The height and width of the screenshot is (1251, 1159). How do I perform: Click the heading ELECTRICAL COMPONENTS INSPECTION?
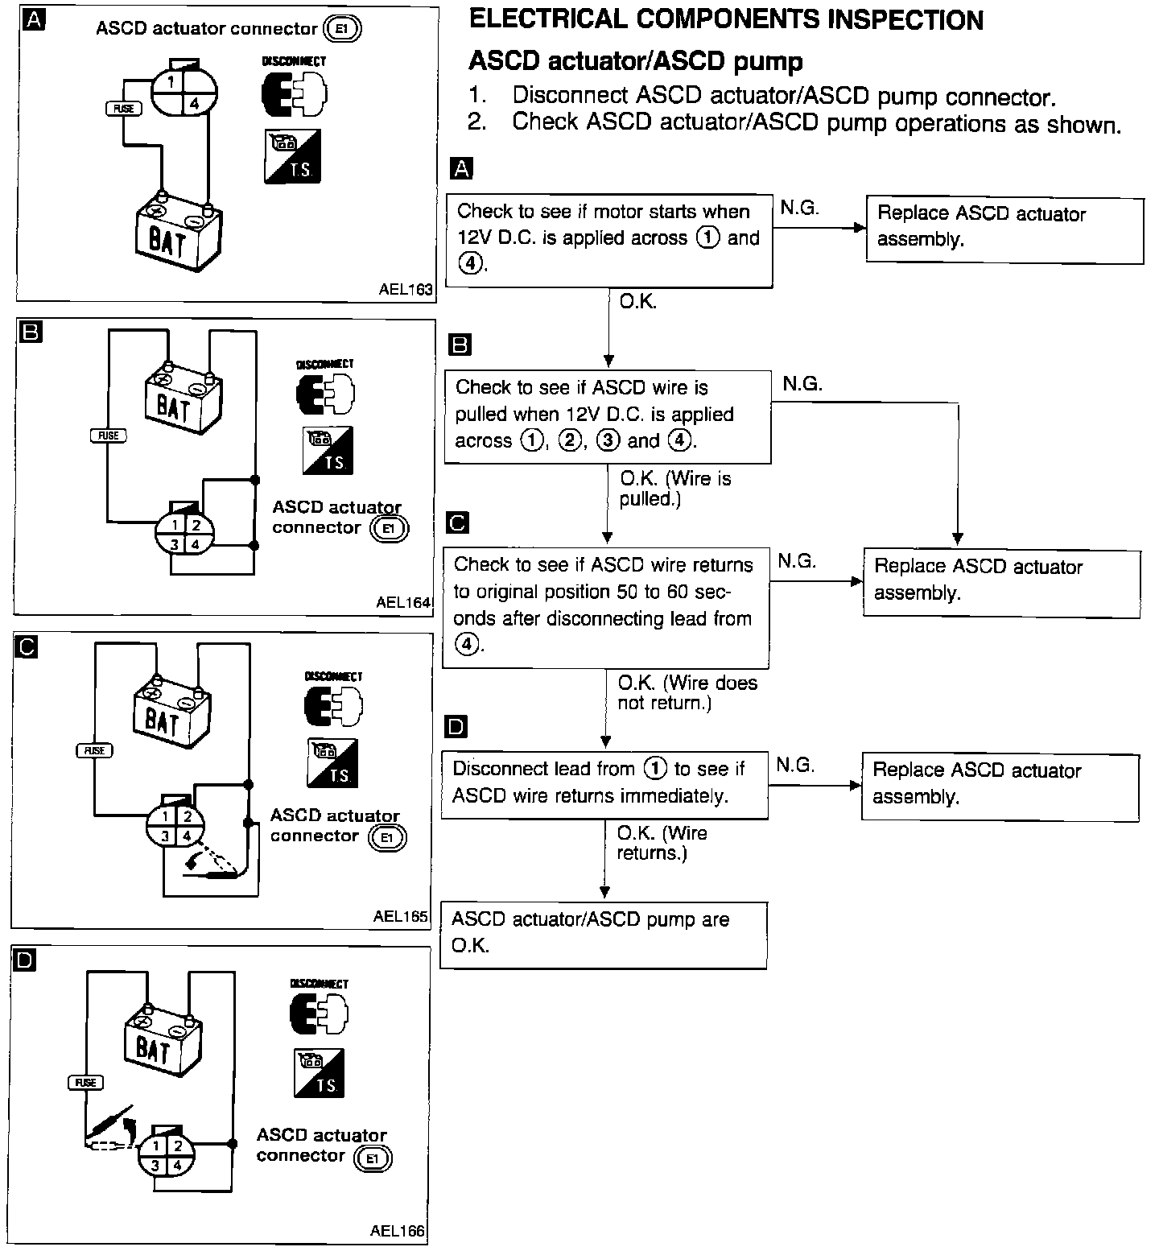click(x=726, y=20)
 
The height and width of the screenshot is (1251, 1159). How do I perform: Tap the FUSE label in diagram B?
click(x=108, y=436)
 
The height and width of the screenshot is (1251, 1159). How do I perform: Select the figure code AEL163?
click(x=406, y=290)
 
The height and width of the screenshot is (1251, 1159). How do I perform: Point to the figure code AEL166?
click(x=398, y=1231)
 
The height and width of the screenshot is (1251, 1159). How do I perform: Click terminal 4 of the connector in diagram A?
click(x=195, y=103)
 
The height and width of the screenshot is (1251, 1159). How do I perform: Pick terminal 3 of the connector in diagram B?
click(x=174, y=544)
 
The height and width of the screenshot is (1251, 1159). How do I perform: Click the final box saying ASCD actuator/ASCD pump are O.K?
click(x=604, y=934)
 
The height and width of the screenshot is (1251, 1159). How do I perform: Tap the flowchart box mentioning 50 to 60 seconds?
click(x=605, y=606)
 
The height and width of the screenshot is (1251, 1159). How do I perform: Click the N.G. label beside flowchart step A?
click(x=799, y=208)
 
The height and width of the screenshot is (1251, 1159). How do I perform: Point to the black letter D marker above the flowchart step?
click(x=456, y=727)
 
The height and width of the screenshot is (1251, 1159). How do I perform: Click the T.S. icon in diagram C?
click(x=332, y=762)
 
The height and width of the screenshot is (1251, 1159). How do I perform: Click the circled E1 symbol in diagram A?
click(x=342, y=30)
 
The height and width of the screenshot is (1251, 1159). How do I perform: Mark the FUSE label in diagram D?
click(x=85, y=1083)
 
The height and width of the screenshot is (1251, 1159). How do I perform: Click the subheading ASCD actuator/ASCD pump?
click(x=635, y=61)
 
